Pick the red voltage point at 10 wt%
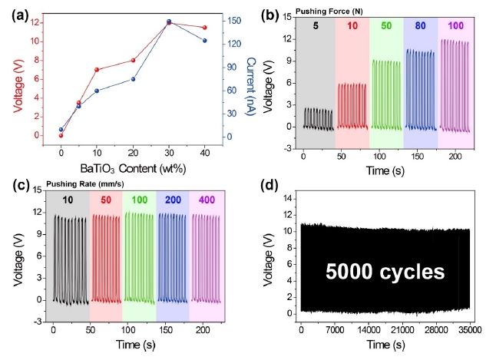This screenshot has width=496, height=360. pos(97,70)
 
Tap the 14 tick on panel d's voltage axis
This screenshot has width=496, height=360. pos(287,198)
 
